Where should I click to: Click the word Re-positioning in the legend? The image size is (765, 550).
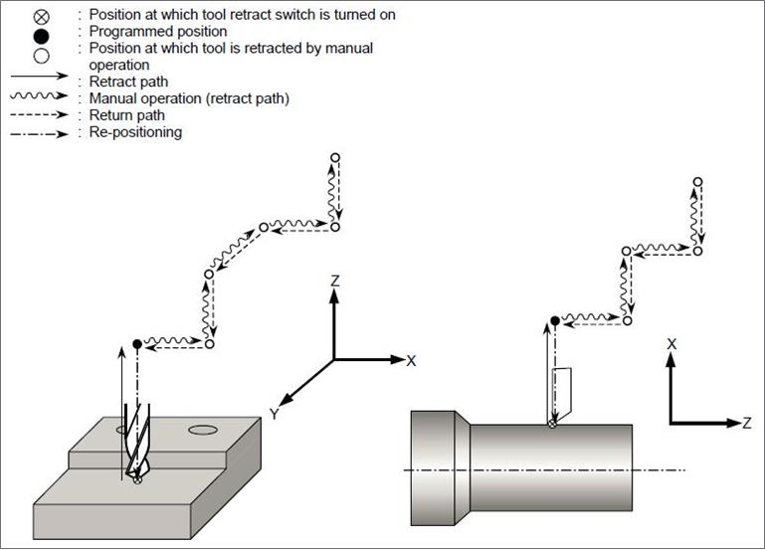pyautogui.click(x=135, y=132)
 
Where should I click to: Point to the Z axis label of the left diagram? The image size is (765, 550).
pyautogui.click(x=335, y=281)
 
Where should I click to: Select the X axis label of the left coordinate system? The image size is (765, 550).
pyautogui.click(x=411, y=360)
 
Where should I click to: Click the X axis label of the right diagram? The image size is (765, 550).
pyautogui.click(x=671, y=343)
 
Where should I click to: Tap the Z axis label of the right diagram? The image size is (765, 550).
pyautogui.click(x=746, y=423)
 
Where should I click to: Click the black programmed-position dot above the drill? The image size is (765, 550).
pyautogui.click(x=137, y=344)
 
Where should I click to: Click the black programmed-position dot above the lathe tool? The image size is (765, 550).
pyautogui.click(x=554, y=320)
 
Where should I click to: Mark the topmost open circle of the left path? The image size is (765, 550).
pyautogui.click(x=335, y=157)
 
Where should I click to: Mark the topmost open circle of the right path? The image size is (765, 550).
pyautogui.click(x=698, y=182)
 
